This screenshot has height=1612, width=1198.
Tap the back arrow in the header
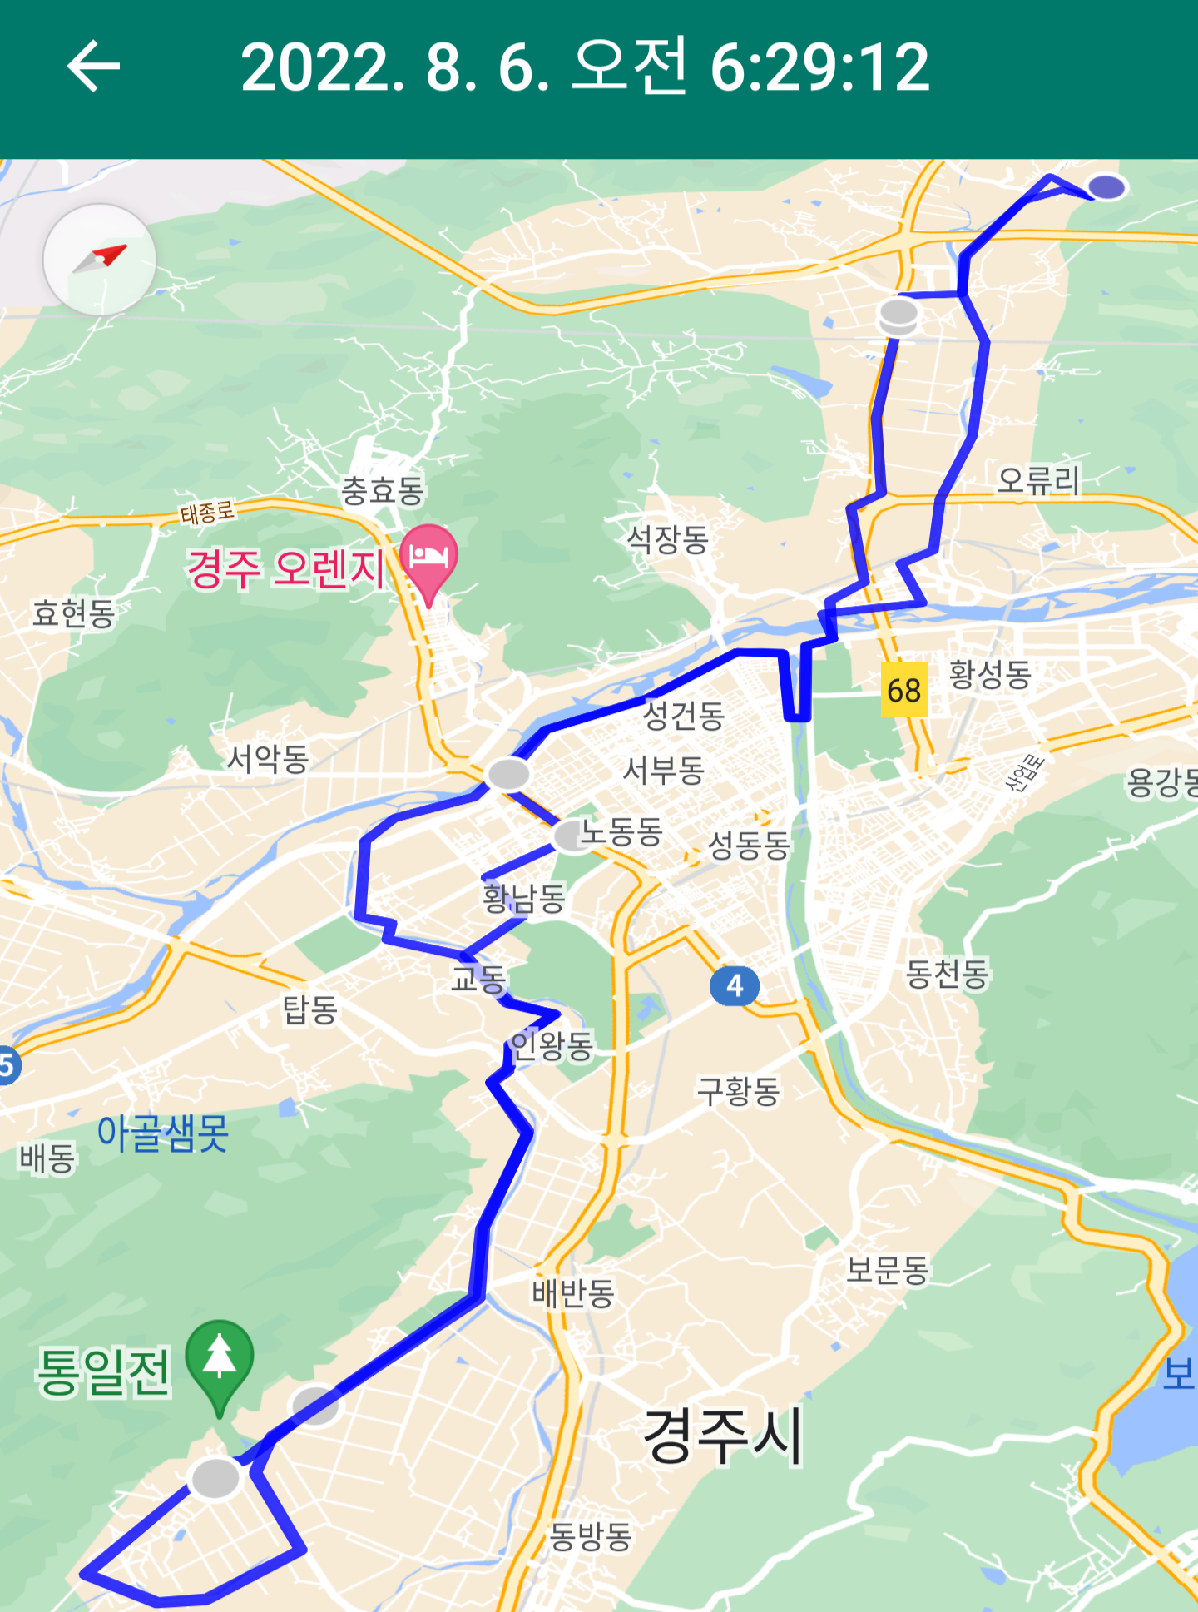tap(93, 66)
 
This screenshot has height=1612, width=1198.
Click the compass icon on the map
tap(100, 259)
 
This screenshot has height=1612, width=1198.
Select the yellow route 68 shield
tap(904, 690)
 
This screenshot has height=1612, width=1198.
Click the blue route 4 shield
tap(734, 986)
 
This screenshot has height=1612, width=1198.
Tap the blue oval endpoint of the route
tap(1107, 186)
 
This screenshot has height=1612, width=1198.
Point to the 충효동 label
tap(383, 490)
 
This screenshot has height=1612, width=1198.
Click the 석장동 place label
tap(667, 539)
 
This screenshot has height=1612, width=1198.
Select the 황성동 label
tap(990, 673)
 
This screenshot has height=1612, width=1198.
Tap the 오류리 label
tap(1038, 480)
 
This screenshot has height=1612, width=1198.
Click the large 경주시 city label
tap(723, 1435)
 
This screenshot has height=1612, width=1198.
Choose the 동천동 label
tap(947, 973)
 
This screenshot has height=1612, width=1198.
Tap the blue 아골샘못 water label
tap(162, 1133)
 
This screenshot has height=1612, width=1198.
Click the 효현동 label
tap(73, 613)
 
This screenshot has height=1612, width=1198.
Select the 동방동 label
tap(591, 1535)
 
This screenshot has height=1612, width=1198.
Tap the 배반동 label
tap(573, 1292)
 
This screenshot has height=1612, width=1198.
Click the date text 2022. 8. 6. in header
tap(396, 67)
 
